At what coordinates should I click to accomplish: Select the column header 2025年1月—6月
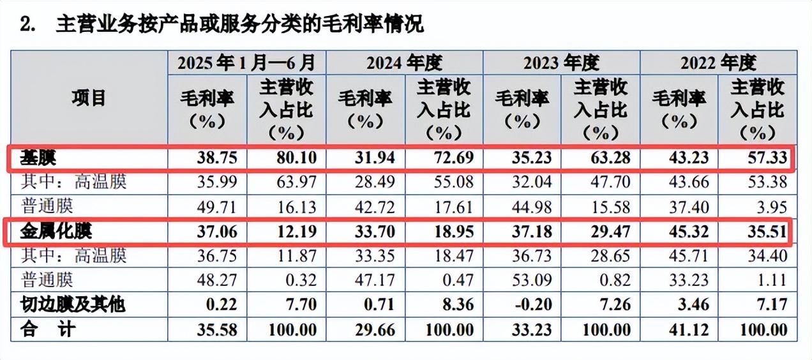[246, 63]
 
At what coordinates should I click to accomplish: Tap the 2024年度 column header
[404, 63]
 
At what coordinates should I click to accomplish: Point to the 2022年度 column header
[718, 63]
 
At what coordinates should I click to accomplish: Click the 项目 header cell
[89, 98]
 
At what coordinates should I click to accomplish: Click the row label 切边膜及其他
[71, 304]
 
